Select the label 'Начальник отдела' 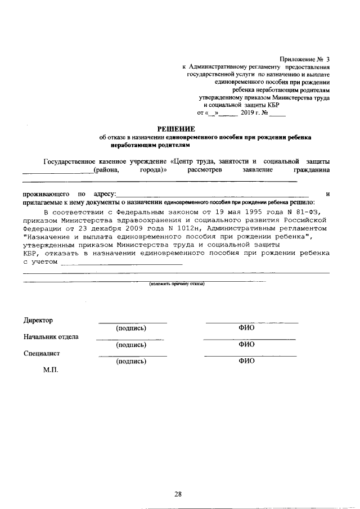[51, 337]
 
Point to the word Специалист [42, 354]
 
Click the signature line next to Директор [133, 322]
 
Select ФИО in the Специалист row [247, 362]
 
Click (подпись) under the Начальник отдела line [131, 345]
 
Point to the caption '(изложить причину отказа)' [177, 284]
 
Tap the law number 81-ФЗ [309, 211]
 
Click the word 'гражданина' [312, 169]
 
